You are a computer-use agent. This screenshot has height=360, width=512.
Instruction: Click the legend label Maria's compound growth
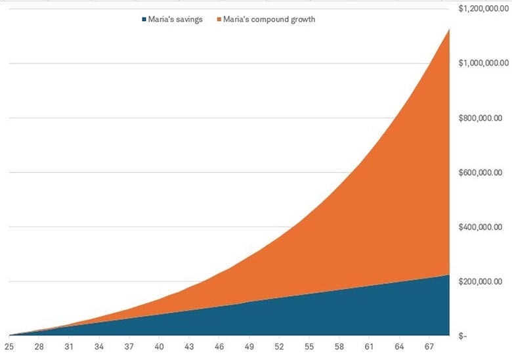269,20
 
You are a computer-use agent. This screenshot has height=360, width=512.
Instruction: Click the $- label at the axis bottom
464,336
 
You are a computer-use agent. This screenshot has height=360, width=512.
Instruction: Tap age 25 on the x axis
9,346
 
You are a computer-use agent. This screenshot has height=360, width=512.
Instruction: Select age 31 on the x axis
69,346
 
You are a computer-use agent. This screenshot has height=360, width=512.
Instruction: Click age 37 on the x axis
129,346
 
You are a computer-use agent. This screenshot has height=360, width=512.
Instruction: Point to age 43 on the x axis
188,346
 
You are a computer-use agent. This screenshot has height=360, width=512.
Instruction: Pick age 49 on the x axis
249,346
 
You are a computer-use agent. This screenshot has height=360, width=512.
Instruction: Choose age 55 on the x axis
309,346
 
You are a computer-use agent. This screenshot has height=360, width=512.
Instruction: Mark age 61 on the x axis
368,346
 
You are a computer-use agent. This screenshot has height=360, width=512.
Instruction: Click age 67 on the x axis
428,346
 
